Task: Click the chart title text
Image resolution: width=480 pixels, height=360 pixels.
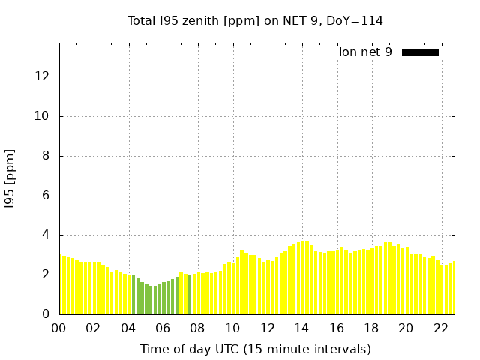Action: tap(255, 20)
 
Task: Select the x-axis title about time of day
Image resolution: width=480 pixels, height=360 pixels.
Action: tap(255, 349)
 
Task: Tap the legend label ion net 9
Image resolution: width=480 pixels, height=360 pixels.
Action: tap(365, 52)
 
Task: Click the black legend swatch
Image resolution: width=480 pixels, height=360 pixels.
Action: tap(420, 52)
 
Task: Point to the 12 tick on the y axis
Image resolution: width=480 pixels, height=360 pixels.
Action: tap(43, 76)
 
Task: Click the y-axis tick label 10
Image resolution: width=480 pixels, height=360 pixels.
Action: tap(43, 116)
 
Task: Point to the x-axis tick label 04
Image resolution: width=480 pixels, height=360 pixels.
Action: tap(128, 328)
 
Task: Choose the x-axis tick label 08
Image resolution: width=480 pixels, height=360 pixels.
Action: tap(197, 328)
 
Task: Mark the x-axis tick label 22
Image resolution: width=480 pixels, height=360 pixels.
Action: tap(441, 328)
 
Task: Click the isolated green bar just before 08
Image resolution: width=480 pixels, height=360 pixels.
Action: tap(190, 295)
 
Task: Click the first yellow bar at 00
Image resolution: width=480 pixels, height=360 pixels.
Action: tap(61, 285)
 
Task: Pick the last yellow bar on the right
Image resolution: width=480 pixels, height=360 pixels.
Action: tap(451, 289)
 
